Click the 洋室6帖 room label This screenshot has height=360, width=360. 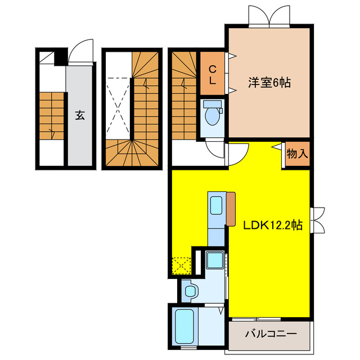tap(269, 83)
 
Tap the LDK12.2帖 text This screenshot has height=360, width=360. tap(273, 225)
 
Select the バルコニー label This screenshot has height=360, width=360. tap(271, 334)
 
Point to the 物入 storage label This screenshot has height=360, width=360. tap(296, 153)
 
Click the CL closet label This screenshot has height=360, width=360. tap(213, 74)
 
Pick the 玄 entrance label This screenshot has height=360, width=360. tap(80, 116)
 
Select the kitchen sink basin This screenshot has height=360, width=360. tap(215, 204)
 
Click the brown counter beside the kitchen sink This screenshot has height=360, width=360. tap(231, 208)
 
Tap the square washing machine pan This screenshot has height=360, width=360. tap(214, 260)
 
